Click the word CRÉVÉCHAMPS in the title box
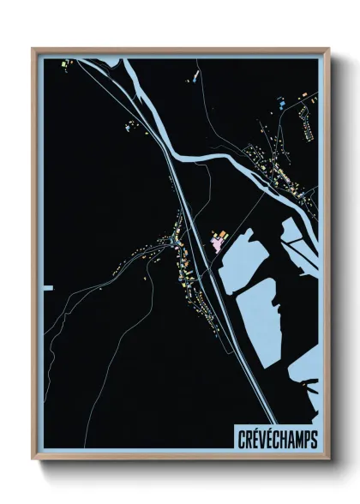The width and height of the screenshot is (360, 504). (x=275, y=439)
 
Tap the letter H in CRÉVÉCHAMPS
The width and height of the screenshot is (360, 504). (x=279, y=439)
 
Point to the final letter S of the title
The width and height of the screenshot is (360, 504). (x=314, y=439)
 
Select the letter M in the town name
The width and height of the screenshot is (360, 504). (x=297, y=439)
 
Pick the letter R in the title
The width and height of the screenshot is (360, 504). (x=244, y=439)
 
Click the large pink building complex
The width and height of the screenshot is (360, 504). (x=218, y=243)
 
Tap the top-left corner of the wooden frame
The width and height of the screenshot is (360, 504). (x=33, y=49)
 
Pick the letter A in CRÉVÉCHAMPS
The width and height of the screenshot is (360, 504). (x=288, y=439)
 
